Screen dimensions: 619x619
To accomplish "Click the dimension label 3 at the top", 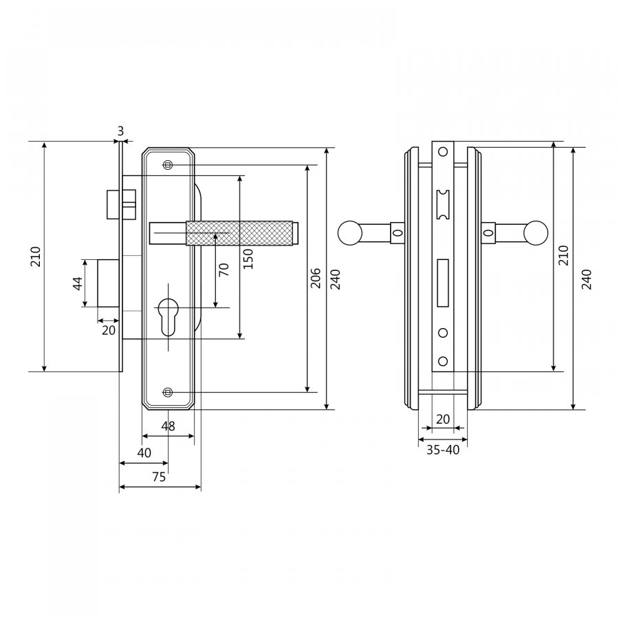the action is tap(121, 131).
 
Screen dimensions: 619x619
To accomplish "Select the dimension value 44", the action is tap(78, 283).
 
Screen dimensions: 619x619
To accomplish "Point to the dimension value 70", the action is tap(224, 270).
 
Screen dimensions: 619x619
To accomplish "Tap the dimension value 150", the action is tap(248, 259).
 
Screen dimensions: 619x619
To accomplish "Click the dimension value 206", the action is tap(316, 278).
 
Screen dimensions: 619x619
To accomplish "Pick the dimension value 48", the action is tap(169, 426).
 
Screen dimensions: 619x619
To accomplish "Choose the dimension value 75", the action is tap(159, 477).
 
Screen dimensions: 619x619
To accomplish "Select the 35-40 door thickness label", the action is tap(443, 450).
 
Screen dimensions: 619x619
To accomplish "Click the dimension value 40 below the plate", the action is tap(144, 453).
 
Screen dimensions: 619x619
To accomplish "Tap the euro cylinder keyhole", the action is tap(169, 316).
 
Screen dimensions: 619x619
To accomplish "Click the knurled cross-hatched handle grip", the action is tap(239, 233).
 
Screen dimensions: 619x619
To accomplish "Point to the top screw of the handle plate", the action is tap(168, 164).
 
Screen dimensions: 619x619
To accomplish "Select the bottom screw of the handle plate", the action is tap(168, 392).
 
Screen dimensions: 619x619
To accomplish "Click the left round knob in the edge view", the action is tap(350, 232).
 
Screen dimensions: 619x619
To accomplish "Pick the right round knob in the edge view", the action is tap(536, 232).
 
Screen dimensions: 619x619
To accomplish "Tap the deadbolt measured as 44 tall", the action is tap(109, 283).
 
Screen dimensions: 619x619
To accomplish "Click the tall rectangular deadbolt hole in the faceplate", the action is tap(443, 283).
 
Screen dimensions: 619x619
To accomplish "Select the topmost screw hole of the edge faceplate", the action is tap(443, 151).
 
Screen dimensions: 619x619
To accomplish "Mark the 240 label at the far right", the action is tap(587, 279).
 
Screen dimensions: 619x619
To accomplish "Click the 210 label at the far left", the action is tap(36, 257).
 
